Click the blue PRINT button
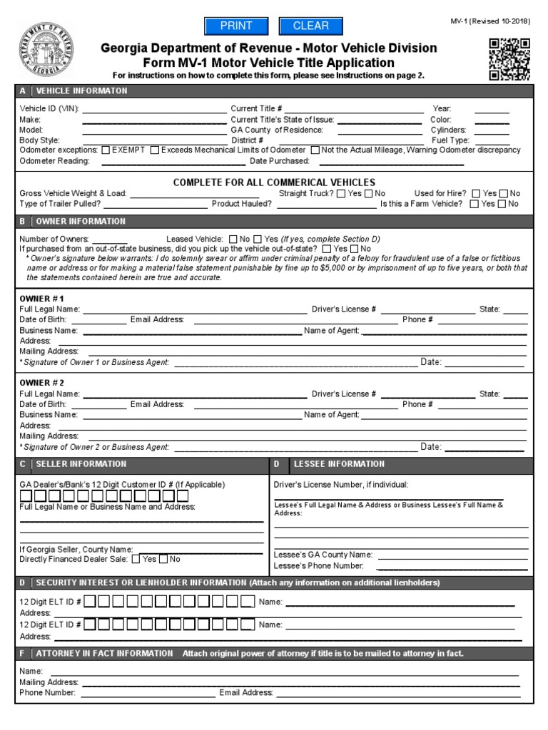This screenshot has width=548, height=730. (235, 26)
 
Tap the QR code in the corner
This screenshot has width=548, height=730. (509, 59)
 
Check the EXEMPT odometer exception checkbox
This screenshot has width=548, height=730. (106, 150)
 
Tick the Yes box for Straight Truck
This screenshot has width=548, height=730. (341, 193)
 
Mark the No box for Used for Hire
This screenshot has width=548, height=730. (504, 193)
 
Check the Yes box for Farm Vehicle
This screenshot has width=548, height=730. (475, 204)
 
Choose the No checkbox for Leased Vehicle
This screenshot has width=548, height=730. (233, 238)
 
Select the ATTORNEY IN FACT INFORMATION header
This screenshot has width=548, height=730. (104, 653)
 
